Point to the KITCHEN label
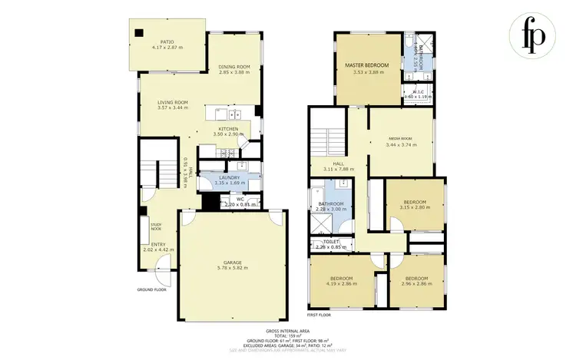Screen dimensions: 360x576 pyautogui.click(x=228, y=128)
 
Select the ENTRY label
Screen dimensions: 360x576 pyautogui.click(x=158, y=244)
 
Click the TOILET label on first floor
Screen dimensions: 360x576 pyautogui.click(x=326, y=242)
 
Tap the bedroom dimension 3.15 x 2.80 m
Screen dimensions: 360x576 pyautogui.click(x=415, y=207)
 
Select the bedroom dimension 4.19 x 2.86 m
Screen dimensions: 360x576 pyautogui.click(x=341, y=283)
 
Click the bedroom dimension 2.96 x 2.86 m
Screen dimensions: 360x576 pyautogui.click(x=416, y=283)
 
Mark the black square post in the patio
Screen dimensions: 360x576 pyautogui.click(x=138, y=32)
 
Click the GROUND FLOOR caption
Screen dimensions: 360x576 pyautogui.click(x=151, y=290)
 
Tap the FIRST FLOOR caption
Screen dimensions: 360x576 pyautogui.click(x=319, y=315)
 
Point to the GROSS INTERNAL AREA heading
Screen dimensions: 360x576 pyautogui.click(x=287, y=330)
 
